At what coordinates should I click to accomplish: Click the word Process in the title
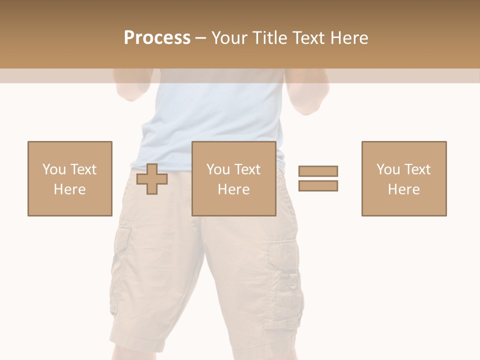pos(157,38)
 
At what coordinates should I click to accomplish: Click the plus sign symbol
pos(152,178)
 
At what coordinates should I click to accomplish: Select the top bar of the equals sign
pos(318,171)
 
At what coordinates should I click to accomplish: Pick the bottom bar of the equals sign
pos(318,185)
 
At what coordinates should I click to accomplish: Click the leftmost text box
pos(69,178)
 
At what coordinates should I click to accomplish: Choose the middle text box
pos(233,178)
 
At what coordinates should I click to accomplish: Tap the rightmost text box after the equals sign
pos(403,178)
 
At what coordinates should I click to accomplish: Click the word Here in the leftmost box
pos(69,189)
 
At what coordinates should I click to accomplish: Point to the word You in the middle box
pos(218,169)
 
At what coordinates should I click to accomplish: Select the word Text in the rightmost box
pos(417,169)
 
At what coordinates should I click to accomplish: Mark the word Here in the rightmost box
pos(403,189)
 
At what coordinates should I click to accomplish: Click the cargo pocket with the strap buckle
pos(286,280)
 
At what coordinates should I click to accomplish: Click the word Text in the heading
pos(305,38)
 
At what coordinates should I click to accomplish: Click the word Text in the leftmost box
pos(83,169)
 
